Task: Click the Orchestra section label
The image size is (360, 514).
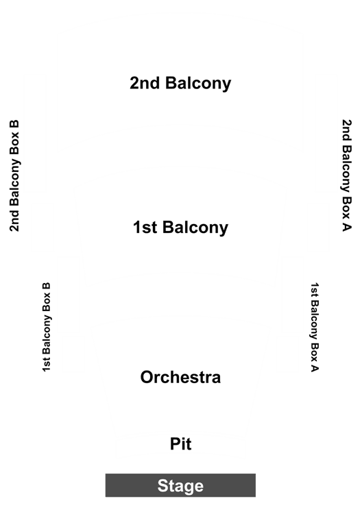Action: click(x=180, y=377)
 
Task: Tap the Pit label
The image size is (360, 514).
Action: click(x=180, y=443)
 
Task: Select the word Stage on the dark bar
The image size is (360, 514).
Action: click(x=180, y=485)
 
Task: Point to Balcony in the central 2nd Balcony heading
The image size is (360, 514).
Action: click(x=198, y=83)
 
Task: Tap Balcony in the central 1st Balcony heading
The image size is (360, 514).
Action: click(x=195, y=228)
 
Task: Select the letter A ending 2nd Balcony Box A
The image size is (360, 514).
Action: click(x=346, y=227)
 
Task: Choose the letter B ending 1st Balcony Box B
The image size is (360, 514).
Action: click(x=47, y=286)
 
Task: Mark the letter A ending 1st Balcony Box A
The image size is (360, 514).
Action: click(x=315, y=369)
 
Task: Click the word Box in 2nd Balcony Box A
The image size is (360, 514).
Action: click(x=346, y=208)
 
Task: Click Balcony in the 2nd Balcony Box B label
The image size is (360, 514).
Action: click(x=15, y=182)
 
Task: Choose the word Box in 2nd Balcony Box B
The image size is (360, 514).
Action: click(x=14, y=143)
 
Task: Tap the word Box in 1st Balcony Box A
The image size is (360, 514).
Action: click(x=315, y=352)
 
